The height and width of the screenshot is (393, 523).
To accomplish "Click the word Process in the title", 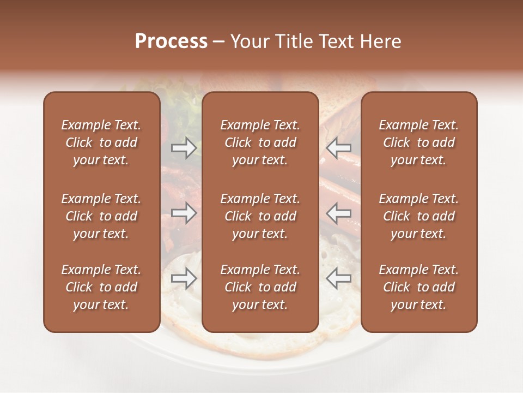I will coord(171,41).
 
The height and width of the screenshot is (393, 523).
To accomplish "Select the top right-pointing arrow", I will coord(184,147).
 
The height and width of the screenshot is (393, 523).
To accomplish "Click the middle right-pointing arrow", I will coord(184,213).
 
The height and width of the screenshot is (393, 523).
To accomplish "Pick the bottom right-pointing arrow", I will coord(184,278).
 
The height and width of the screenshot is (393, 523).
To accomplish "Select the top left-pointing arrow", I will coord(338,147).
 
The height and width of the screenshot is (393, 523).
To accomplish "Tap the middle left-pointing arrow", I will coord(338,213).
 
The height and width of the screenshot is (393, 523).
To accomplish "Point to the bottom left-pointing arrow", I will coord(338,278).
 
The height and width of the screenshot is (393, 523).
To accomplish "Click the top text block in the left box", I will coord(101,142).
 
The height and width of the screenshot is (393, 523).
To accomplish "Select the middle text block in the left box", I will coord(101,216).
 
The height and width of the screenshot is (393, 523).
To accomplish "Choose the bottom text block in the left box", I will coord(101,287).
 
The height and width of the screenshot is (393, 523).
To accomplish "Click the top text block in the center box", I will coord(260,142).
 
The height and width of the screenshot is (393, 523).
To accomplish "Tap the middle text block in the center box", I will coord(260,216).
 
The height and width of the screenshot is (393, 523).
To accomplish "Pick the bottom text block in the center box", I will coord(260,287).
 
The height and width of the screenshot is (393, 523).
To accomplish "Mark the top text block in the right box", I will coord(419,142).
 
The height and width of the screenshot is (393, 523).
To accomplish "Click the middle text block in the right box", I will coord(419,216).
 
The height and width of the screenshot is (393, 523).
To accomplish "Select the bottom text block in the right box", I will coord(419,287).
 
